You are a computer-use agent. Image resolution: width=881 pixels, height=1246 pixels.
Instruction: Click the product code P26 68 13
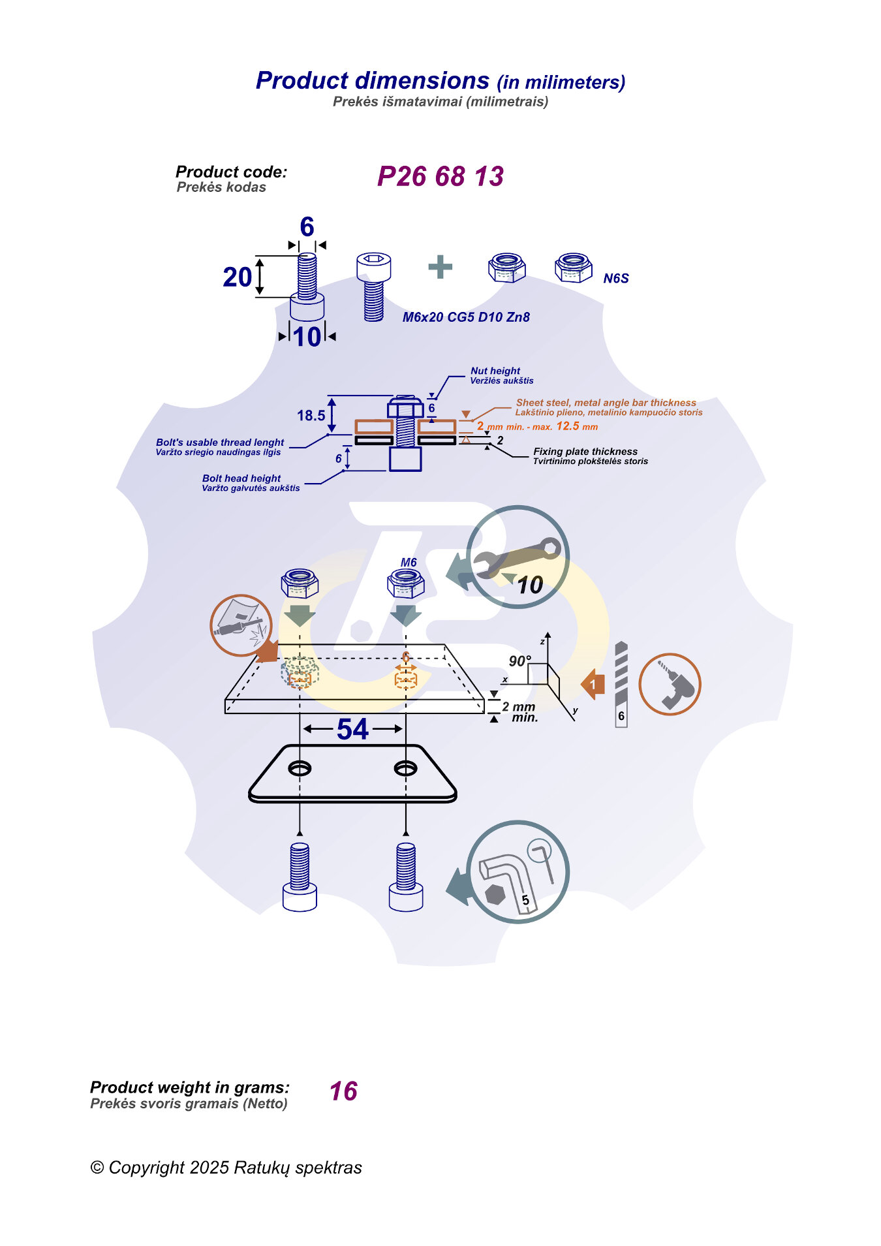[440, 176]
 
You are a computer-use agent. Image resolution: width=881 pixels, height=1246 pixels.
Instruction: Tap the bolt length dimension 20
[237, 277]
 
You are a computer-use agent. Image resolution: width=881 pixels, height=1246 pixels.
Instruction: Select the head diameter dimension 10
[307, 337]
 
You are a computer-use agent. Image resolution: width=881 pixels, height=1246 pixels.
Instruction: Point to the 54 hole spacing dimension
[352, 730]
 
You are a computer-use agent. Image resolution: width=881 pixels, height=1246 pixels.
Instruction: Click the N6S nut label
[615, 279]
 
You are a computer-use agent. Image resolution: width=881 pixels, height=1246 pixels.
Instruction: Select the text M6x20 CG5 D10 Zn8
[466, 317]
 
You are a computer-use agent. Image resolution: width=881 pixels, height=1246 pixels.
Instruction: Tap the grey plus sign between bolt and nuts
[440, 267]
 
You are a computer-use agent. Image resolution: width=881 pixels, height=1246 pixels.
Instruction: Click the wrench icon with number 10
[518, 557]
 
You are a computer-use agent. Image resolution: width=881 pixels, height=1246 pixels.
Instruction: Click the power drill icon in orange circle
[670, 684]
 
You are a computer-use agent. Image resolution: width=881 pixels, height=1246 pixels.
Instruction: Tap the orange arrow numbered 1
[593, 684]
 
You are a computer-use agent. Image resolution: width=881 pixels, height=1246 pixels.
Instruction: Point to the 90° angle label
[519, 661]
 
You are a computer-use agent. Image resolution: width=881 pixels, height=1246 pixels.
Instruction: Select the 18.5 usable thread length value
[311, 416]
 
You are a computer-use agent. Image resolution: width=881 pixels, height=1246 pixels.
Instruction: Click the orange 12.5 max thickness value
[568, 426]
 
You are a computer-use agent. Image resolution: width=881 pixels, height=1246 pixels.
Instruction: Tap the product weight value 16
[343, 1091]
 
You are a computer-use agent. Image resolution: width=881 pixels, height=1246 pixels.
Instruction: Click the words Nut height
[495, 371]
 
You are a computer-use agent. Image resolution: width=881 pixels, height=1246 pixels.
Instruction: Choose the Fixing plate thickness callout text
[585, 452]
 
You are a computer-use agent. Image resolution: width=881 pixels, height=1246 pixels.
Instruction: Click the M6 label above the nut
[409, 563]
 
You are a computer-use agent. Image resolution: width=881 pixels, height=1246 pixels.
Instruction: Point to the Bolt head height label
[241, 478]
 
